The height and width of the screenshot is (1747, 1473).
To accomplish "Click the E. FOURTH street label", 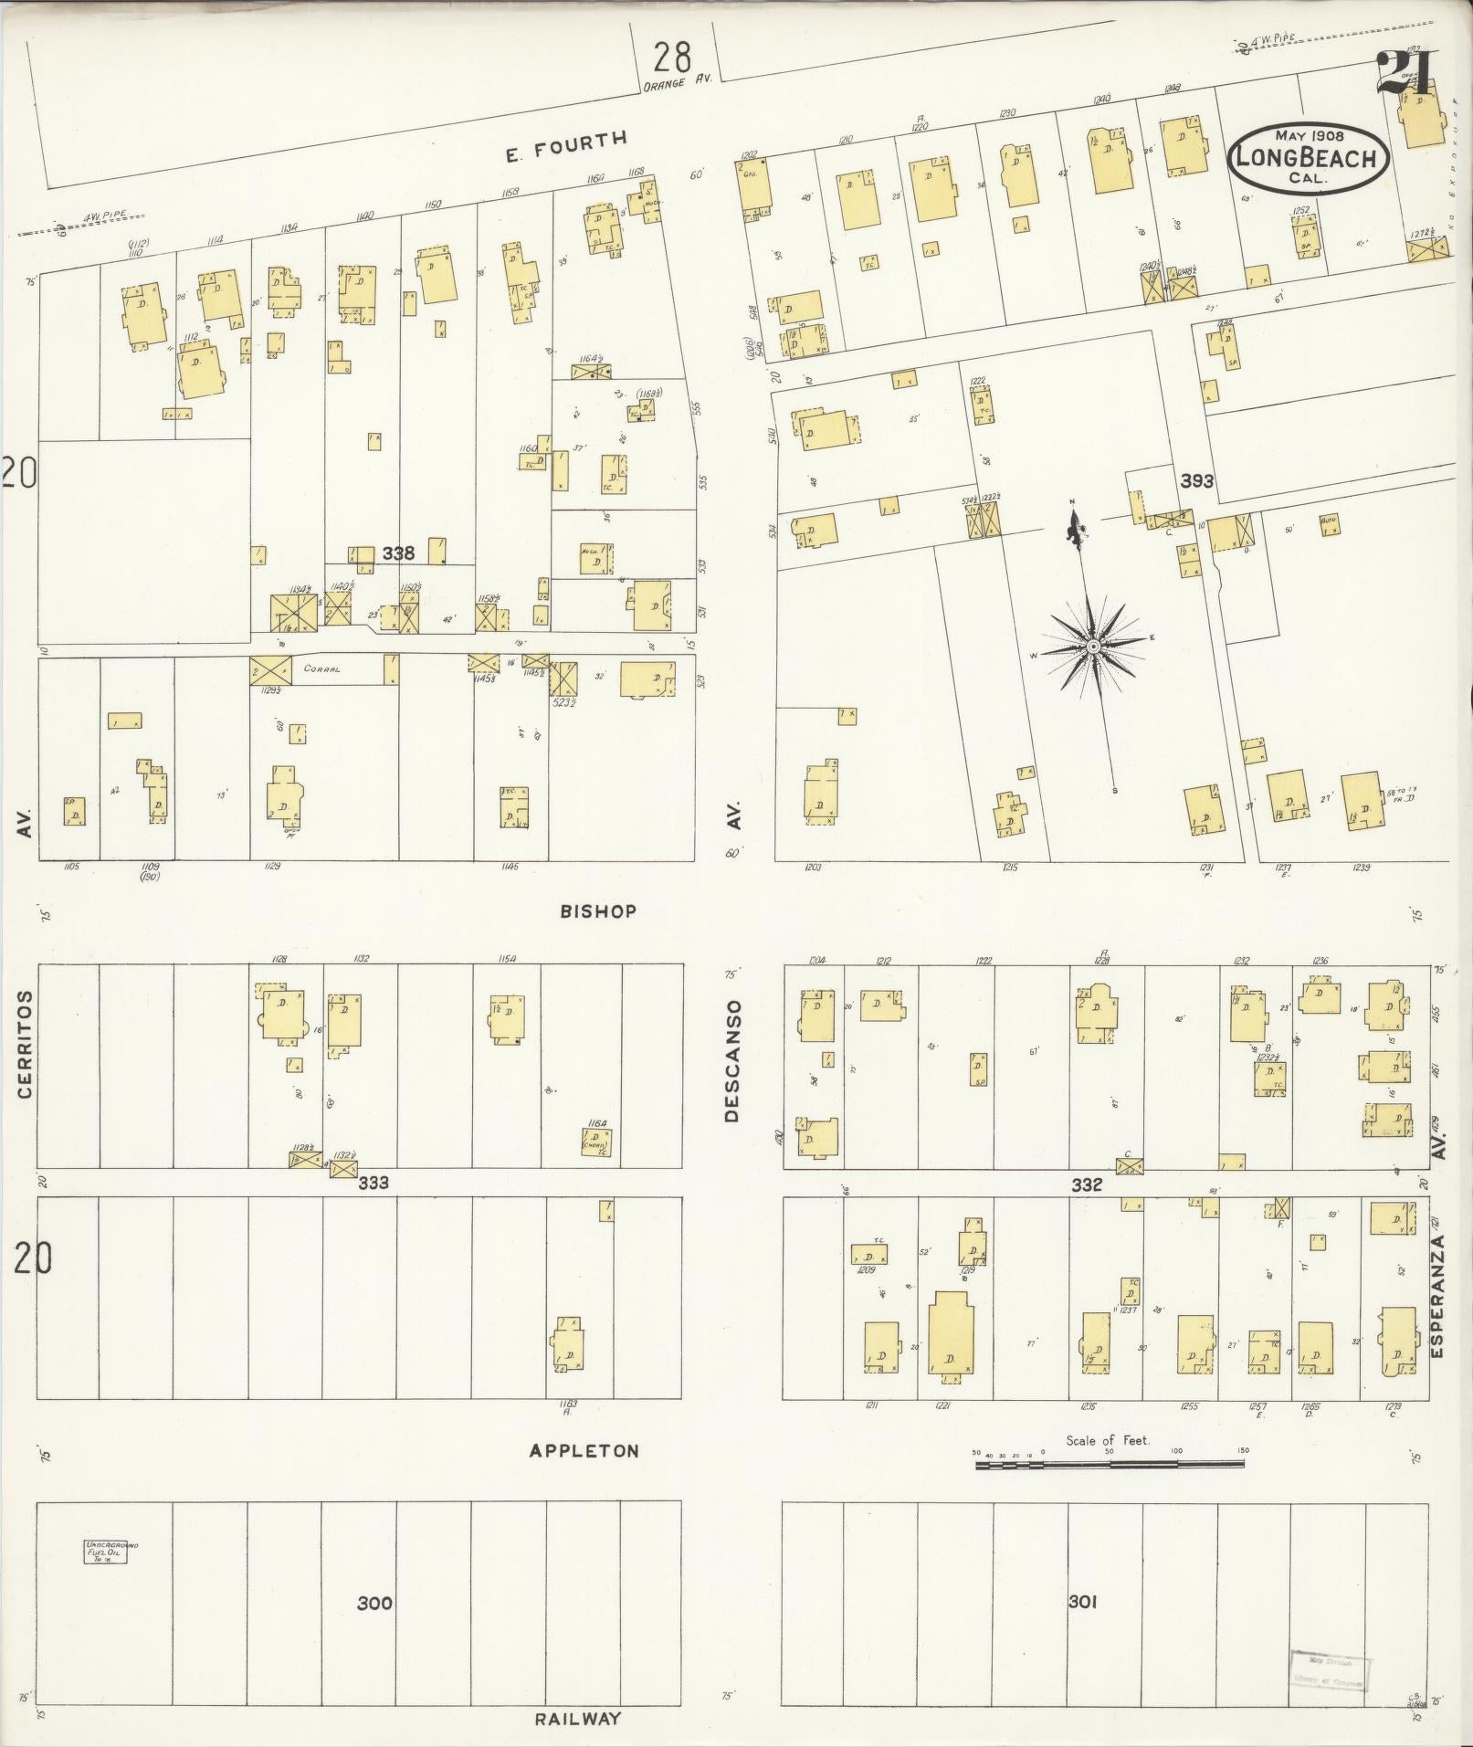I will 567,145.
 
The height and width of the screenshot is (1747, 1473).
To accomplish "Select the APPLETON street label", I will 584,1450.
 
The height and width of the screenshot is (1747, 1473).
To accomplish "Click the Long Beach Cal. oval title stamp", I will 1309,157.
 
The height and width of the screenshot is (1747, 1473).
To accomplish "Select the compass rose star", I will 1092,647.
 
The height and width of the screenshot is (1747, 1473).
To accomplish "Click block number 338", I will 398,553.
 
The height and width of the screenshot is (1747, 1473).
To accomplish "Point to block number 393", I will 1196,480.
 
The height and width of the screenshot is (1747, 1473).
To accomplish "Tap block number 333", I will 374,1183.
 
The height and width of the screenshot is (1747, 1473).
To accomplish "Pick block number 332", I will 1087,1184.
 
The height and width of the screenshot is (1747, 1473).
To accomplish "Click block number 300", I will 374,1603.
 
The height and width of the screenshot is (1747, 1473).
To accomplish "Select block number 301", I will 1082,1601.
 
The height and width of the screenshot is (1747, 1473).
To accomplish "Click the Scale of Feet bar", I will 1110,1464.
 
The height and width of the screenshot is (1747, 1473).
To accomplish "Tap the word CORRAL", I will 323,668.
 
